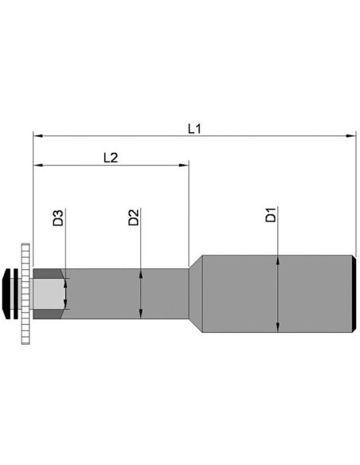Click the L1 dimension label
194,129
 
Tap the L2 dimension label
111,158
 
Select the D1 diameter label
271,215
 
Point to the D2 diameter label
134,217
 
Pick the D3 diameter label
58,218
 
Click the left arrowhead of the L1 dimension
38,136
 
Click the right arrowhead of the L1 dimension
350,136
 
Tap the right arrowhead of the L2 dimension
183,165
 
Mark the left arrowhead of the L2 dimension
38,165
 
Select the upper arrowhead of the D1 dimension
277,260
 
